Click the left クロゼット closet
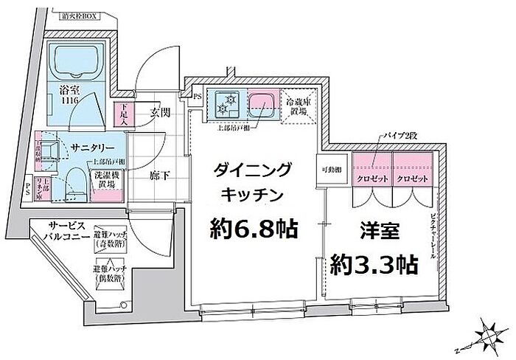pyautogui.click(x=372, y=179)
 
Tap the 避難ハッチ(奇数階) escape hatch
pyautogui.click(x=111, y=238)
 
